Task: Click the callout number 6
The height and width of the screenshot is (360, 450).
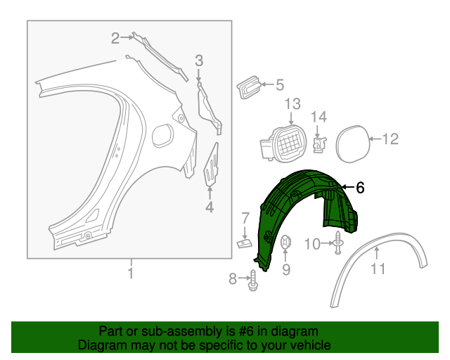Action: (360, 187)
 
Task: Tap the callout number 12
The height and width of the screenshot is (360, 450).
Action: (390, 139)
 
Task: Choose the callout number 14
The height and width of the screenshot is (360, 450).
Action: (319, 117)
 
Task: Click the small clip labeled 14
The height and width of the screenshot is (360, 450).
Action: (319, 143)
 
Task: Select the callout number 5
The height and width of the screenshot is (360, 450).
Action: (279, 86)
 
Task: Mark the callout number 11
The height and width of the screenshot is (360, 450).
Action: (378, 268)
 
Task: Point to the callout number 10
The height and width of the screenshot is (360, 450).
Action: (312, 244)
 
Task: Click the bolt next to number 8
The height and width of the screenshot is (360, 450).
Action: (252, 279)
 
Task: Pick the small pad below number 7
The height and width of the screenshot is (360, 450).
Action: (243, 243)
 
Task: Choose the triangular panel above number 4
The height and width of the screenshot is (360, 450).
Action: (212, 165)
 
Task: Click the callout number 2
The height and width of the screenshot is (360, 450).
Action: (115, 39)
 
